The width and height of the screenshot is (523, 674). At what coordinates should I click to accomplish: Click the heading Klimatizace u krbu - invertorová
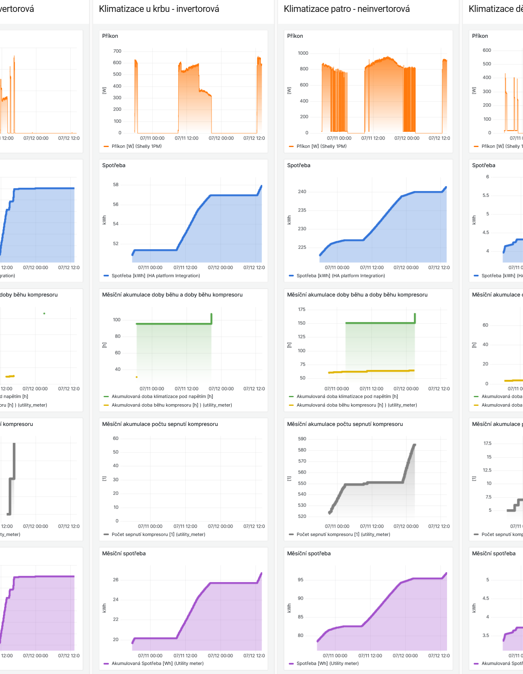(x=159, y=9)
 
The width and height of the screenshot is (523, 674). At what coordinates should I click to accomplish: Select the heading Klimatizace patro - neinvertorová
(x=346, y=9)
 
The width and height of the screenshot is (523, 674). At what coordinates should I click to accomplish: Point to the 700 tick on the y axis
(x=117, y=51)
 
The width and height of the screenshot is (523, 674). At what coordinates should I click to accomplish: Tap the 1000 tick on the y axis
(x=303, y=53)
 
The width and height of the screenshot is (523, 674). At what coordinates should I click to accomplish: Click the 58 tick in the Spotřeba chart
(x=116, y=185)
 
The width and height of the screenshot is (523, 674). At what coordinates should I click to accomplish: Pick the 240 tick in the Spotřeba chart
(x=302, y=192)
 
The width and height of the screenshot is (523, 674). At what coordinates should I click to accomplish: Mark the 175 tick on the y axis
(x=302, y=309)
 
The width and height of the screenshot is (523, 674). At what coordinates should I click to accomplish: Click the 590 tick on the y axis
(x=302, y=439)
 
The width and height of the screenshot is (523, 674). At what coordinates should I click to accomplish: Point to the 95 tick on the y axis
(x=301, y=580)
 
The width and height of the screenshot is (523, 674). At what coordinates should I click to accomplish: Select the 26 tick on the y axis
(x=116, y=580)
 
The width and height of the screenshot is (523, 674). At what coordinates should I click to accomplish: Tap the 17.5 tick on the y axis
(x=487, y=444)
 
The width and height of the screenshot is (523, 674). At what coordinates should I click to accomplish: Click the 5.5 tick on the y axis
(x=486, y=196)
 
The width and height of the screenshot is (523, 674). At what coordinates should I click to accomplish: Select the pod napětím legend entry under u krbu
(x=162, y=396)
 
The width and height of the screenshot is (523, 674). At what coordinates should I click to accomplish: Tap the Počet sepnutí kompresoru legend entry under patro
(x=343, y=534)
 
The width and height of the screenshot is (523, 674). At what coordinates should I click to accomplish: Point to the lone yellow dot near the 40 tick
(x=136, y=377)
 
